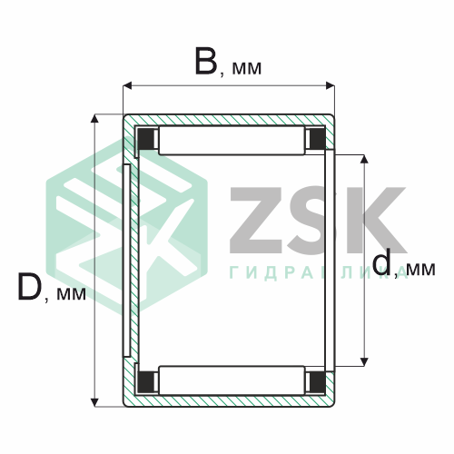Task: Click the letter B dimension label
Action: point(206,61)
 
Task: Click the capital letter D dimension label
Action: point(29,287)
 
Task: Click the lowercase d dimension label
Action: point(381,264)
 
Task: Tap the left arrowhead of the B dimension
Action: point(127,85)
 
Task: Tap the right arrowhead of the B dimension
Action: point(330,85)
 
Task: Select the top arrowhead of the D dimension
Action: point(95,119)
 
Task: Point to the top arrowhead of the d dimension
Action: point(364,159)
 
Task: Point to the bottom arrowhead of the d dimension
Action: point(364,361)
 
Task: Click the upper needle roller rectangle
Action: point(232,141)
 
